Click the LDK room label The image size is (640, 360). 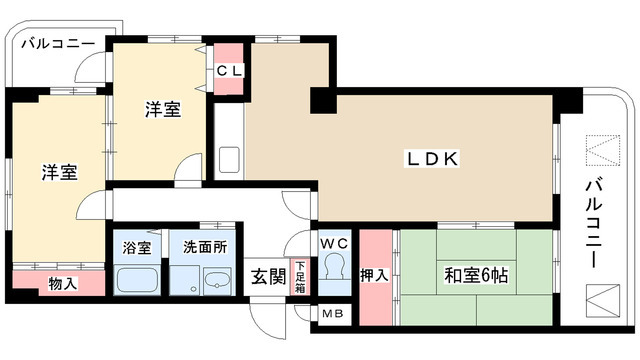(x=431, y=158)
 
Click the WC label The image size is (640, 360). (x=332, y=244)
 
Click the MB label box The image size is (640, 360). (x=332, y=313)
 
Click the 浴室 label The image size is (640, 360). (x=136, y=246)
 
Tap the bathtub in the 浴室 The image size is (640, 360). (x=136, y=279)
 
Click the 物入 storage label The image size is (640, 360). (x=62, y=284)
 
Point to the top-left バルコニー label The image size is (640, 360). (x=58, y=44)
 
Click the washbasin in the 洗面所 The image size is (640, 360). (x=213, y=283)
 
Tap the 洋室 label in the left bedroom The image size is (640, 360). (x=59, y=172)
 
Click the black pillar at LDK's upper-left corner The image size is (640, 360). (x=323, y=101)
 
